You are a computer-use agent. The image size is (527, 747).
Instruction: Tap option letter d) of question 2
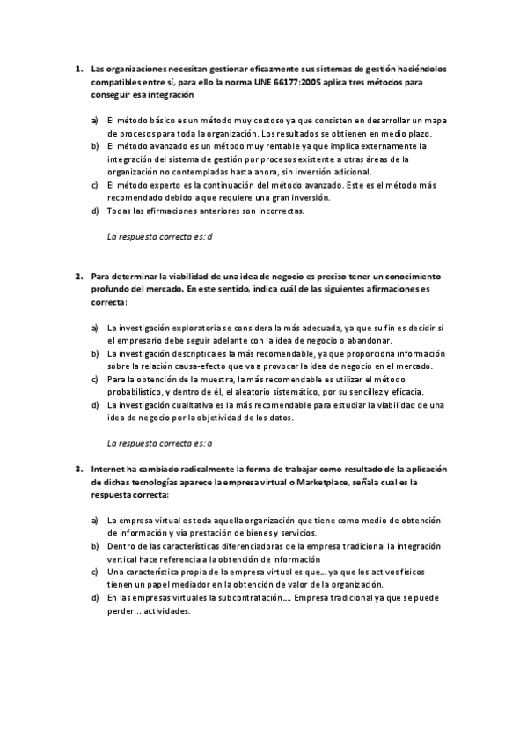click(x=95, y=405)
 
